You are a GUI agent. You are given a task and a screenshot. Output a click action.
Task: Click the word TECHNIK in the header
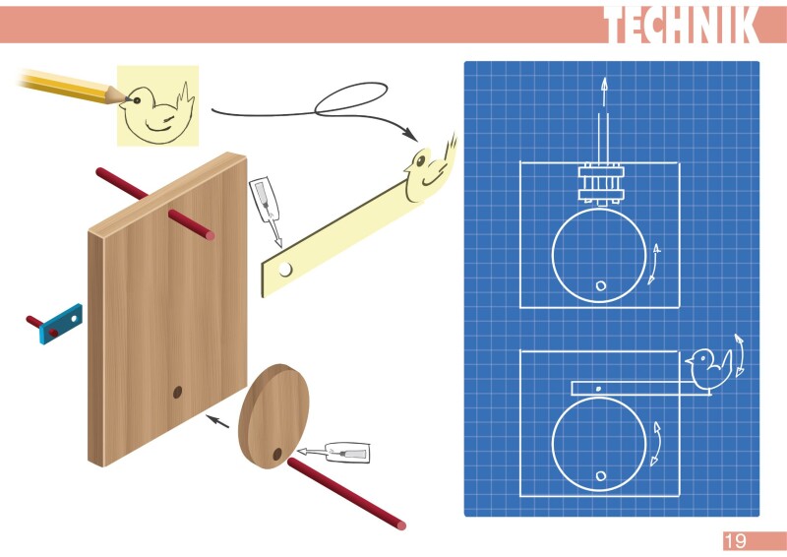681,26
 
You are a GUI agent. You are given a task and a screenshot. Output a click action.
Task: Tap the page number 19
736,541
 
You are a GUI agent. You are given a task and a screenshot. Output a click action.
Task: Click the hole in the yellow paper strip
284,268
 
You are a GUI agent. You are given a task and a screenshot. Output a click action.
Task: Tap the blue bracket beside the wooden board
61,324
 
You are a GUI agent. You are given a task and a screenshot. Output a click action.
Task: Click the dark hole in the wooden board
178,392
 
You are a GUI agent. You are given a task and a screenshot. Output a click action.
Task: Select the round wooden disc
274,416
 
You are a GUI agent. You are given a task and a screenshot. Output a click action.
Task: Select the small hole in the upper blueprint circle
600,285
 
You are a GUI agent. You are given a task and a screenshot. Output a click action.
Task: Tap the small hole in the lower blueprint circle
600,476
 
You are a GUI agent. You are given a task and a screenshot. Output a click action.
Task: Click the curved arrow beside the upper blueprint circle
654,264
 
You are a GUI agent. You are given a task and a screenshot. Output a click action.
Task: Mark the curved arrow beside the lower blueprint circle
654,445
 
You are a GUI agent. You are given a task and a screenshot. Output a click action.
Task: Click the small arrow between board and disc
217,421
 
